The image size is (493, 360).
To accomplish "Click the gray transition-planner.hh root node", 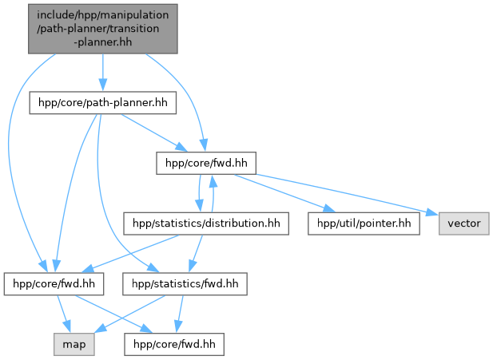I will pos(102,29).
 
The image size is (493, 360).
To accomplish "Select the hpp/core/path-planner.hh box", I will pos(102,104).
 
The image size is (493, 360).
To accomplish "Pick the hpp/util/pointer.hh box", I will pos(364,223).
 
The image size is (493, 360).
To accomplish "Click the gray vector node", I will pos(463,223).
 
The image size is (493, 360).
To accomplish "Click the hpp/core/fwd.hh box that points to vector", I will pos(204,163).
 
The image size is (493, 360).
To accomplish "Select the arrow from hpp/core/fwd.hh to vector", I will pos(344,194).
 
